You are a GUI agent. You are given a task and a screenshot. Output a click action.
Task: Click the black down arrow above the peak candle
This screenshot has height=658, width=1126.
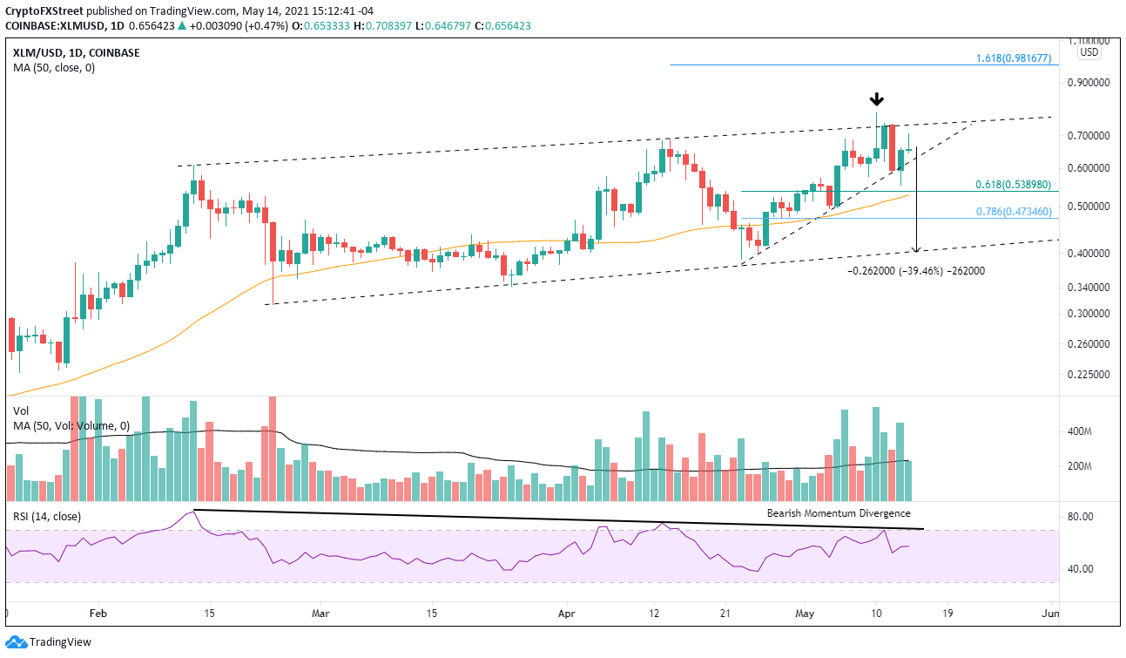879,98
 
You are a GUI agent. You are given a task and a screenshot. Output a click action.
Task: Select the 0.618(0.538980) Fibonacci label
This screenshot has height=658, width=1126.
1015,185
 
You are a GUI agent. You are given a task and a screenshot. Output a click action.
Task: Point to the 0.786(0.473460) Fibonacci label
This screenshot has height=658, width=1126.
1015,211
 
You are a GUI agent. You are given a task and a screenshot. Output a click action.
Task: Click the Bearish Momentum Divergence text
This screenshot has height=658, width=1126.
839,513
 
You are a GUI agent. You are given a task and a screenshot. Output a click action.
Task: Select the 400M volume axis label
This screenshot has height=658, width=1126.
1079,431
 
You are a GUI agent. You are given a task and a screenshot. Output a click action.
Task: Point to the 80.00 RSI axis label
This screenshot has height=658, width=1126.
1079,517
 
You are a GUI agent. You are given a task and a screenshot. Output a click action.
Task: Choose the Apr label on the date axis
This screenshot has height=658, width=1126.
567,613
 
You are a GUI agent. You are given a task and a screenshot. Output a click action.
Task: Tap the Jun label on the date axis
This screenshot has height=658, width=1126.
1050,613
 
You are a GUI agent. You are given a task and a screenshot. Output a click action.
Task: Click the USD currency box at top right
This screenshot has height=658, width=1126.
1089,52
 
